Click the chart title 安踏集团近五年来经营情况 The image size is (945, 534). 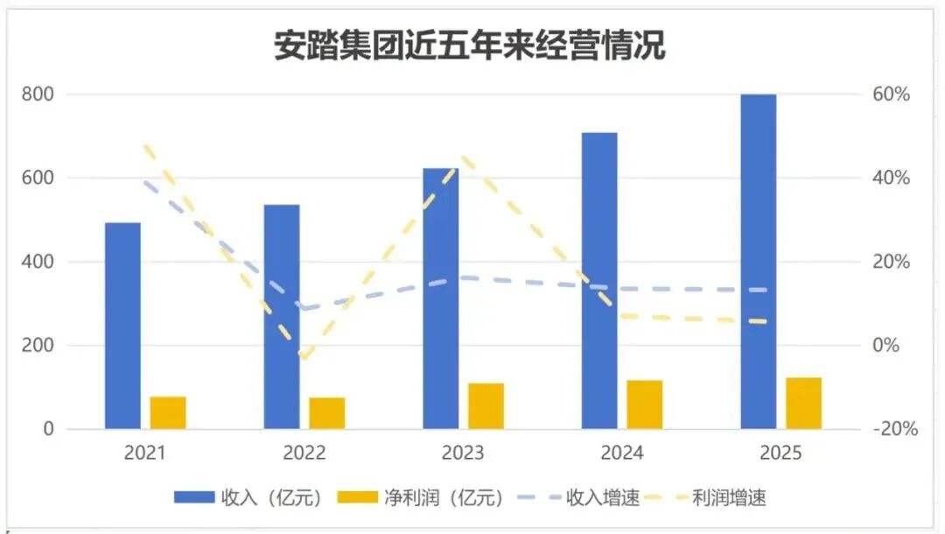tap(470, 46)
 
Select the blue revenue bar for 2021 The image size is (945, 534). tap(122, 326)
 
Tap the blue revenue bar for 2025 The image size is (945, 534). tap(758, 262)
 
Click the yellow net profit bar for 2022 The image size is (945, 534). tap(326, 413)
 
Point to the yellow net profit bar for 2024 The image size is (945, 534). tap(644, 404)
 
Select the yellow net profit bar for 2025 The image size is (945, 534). tap(803, 403)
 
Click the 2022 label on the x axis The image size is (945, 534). tap(304, 453)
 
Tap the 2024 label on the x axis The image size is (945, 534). tap(621, 453)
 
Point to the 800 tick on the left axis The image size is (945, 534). tap(38, 94)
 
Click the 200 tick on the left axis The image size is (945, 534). tap(38, 346)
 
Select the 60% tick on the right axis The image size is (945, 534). tap(892, 94)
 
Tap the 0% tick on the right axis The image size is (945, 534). tap(887, 346)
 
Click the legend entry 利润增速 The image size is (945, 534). tap(728, 498)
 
